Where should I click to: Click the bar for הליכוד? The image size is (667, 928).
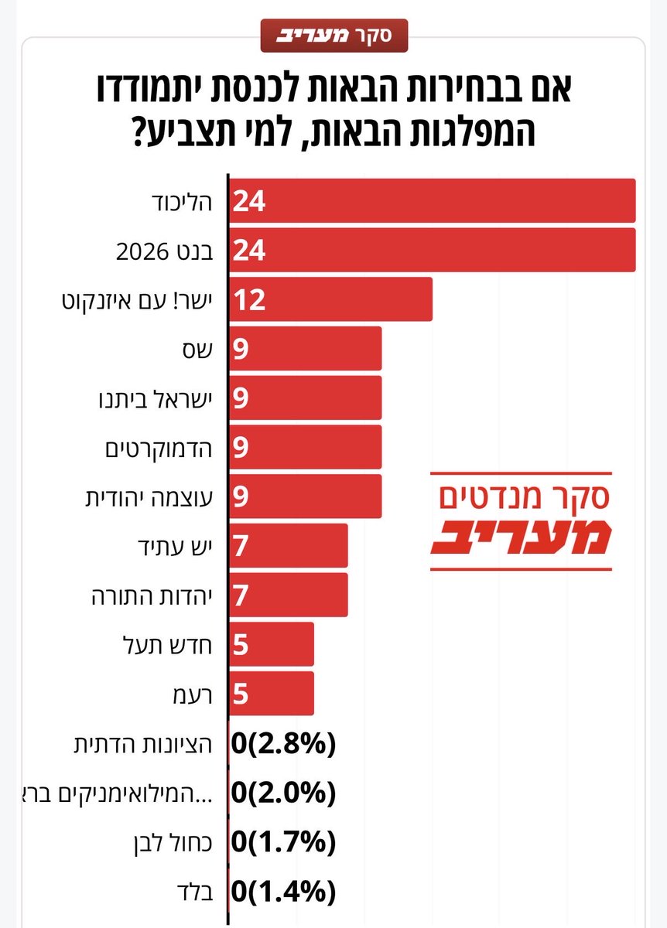tap(432, 201)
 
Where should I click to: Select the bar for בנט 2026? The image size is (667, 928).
tap(432, 251)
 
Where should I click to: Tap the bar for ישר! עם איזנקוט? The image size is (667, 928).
tap(330, 299)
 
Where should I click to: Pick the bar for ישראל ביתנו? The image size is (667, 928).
tap(305, 398)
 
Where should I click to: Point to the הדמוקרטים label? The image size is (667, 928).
tap(159, 448)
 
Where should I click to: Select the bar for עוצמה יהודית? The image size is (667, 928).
tap(305, 496)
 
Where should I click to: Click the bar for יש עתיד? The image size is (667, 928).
tap(288, 546)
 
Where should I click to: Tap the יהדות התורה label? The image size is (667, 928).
tap(153, 596)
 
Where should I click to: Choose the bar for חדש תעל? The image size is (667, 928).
tap(271, 644)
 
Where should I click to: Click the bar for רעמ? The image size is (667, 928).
tap(271, 694)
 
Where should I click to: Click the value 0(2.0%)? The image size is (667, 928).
tap(284, 793)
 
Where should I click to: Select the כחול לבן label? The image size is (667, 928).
tap(180, 842)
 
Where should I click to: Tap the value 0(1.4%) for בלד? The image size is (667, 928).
tap(284, 891)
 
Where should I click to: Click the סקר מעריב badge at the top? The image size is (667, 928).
tap(333, 36)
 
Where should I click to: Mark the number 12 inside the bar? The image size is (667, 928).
tap(249, 299)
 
